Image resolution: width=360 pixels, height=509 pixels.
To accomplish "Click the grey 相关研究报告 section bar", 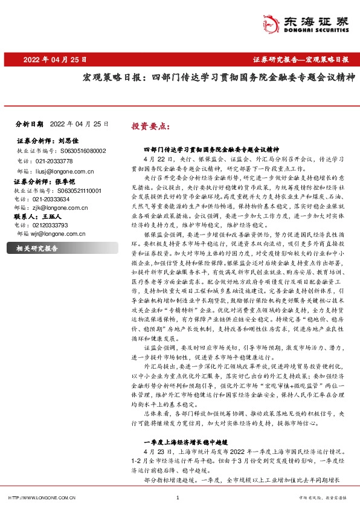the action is click(x=62, y=248).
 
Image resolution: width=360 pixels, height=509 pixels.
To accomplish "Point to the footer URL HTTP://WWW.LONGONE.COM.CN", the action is click(x=40, y=498).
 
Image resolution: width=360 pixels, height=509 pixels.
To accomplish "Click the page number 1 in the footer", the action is click(x=177, y=498).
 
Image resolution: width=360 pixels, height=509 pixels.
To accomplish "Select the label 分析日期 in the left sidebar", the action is click(x=28, y=123).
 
